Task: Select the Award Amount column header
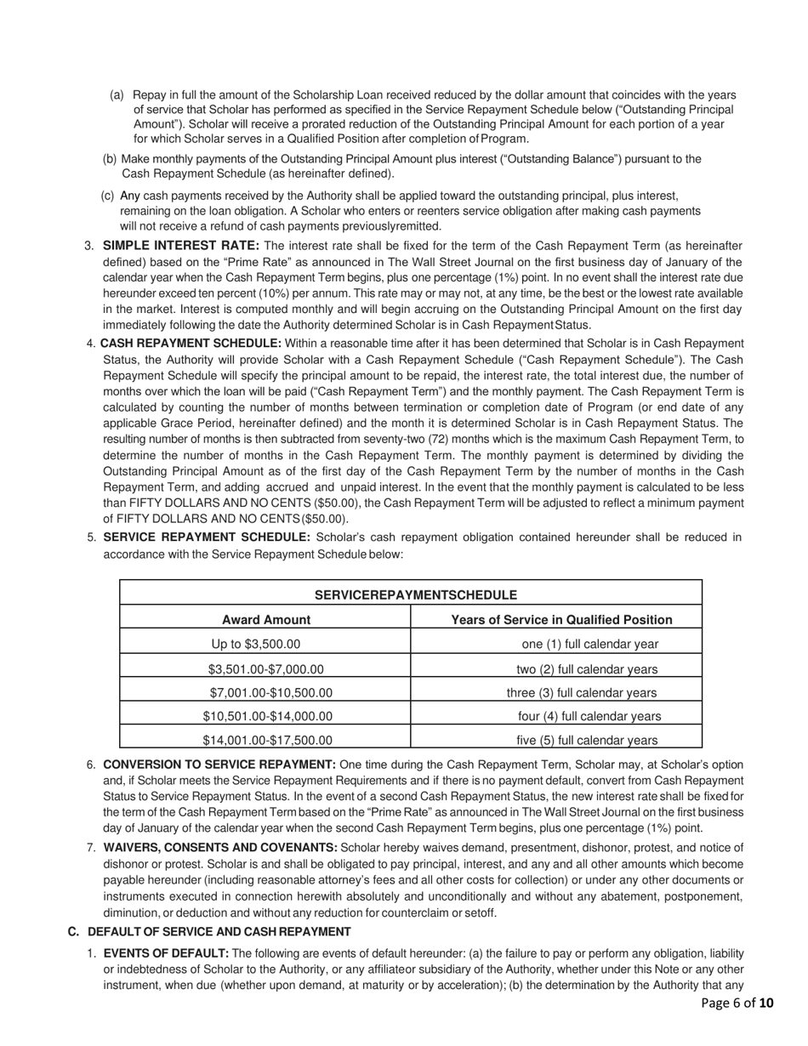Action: pos(266,620)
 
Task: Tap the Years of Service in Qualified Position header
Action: pos(561,620)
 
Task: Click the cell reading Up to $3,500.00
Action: pos(256,644)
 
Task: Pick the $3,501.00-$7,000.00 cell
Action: pos(266,669)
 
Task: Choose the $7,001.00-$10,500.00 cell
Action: pos(270,692)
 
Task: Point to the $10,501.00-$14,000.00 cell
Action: pos(268,716)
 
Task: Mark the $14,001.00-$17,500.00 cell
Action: pos(268,740)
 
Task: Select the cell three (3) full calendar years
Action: pos(582,692)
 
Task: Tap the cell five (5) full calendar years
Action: pos(587,740)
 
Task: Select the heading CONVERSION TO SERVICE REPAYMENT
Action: pos(219,765)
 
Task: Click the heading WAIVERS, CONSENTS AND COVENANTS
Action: pos(220,847)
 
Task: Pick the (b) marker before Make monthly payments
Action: pos(110,159)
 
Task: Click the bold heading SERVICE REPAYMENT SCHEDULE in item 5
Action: pos(207,537)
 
